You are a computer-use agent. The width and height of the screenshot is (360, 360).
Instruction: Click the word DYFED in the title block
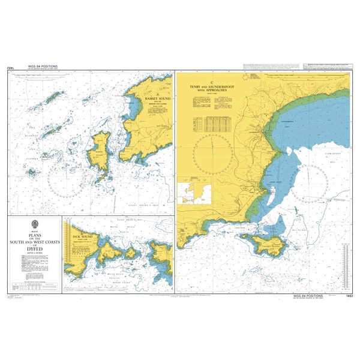(x=34, y=250)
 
